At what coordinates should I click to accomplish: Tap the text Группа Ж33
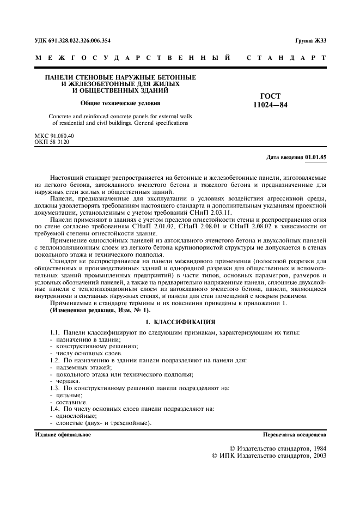coord(310,40)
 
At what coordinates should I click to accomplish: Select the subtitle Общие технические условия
coord(120,103)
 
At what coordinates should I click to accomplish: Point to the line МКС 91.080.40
coord(54,135)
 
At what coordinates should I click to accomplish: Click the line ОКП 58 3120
coord(52,142)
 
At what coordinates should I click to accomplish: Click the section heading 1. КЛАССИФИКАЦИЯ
coord(180,323)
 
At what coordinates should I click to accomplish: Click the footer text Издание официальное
coord(63,435)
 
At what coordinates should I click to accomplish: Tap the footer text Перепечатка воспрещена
coord(294,435)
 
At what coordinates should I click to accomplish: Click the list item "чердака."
coord(64,381)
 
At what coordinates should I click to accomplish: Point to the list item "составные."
coord(67,402)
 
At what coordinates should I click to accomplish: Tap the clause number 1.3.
coord(55,388)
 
